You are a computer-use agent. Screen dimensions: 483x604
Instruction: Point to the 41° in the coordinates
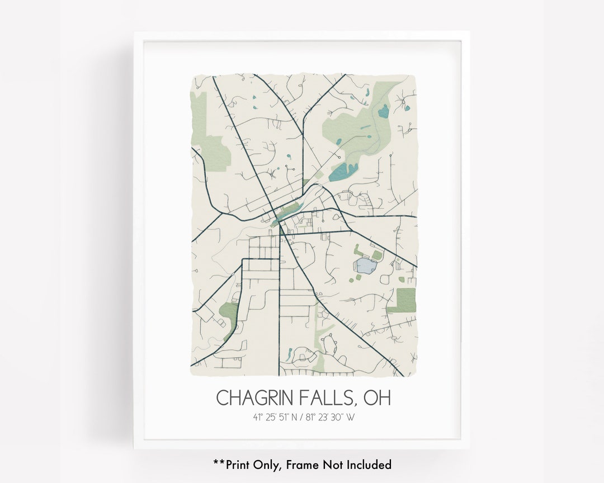(257, 416)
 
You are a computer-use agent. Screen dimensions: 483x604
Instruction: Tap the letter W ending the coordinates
(351, 416)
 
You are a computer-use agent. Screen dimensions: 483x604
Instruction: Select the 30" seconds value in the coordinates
(337, 416)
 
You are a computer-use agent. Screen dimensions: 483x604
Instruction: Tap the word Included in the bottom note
(368, 465)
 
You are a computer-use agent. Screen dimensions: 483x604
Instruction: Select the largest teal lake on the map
(341, 172)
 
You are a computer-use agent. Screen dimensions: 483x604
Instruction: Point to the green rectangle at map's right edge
(404, 300)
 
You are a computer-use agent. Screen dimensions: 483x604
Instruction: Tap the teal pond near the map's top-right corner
(383, 112)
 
